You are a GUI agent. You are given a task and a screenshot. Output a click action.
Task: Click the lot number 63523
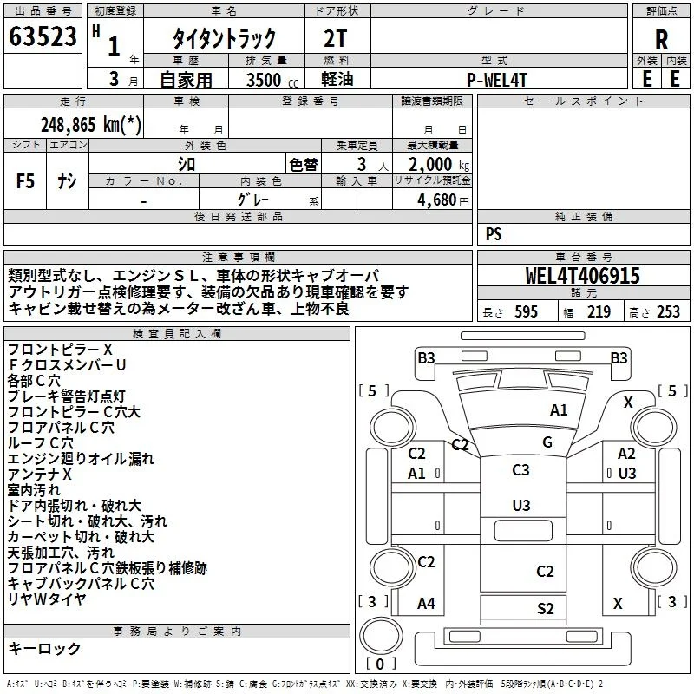coord(43,36)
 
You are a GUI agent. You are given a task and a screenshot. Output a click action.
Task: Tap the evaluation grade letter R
coord(661,40)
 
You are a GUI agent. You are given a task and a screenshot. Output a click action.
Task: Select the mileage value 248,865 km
coord(91,125)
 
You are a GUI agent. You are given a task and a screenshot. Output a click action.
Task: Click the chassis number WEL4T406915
coord(582,276)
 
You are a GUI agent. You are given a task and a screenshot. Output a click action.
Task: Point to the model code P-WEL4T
coord(497,80)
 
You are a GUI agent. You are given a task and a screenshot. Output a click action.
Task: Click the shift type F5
coord(25,181)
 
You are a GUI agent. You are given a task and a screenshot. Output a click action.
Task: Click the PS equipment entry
coord(494,233)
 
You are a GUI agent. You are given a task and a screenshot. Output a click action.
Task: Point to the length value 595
coord(526,311)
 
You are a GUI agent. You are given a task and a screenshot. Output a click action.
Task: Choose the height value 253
coord(668,311)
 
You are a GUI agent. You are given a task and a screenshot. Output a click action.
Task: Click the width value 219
coord(599,311)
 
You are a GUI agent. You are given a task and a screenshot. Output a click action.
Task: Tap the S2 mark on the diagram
coord(546,609)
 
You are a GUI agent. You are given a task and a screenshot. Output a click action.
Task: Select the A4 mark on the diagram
coord(426,603)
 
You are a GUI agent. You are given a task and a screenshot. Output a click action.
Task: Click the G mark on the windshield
coord(547,442)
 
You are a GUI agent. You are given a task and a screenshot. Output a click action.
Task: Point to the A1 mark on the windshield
coord(559,410)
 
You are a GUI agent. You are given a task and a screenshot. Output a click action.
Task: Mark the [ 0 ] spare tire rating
coord(380,664)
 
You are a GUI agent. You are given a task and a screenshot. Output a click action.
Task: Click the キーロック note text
coord(44,648)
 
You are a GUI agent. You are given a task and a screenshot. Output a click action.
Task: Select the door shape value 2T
coord(336,38)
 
